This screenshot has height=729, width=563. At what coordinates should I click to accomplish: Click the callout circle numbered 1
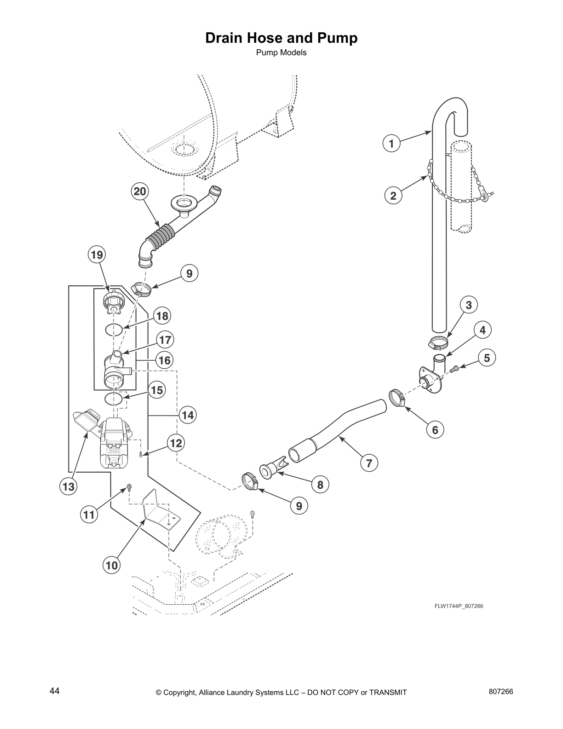pyautogui.click(x=391, y=144)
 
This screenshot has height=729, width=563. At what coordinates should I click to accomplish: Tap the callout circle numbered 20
pyautogui.click(x=139, y=191)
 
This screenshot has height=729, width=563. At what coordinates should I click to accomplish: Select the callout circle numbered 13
pyautogui.click(x=69, y=487)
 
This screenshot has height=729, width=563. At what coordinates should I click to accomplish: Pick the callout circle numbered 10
pyautogui.click(x=112, y=565)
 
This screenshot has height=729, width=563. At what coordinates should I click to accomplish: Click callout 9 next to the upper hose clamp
pyautogui.click(x=189, y=274)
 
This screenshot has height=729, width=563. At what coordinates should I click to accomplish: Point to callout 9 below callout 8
pyautogui.click(x=299, y=506)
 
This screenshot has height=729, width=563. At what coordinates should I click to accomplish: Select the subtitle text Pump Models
pyautogui.click(x=281, y=52)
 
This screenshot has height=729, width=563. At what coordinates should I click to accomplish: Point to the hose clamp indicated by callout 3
pyautogui.click(x=438, y=343)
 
